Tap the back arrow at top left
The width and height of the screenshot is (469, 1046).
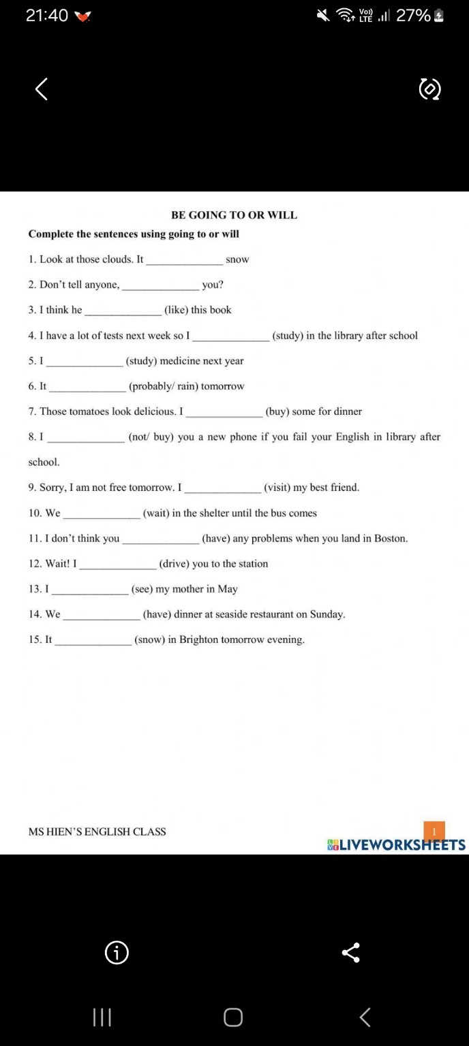click(x=42, y=89)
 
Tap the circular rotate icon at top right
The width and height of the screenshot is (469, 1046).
click(x=429, y=89)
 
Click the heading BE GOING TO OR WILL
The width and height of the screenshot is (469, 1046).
click(x=234, y=215)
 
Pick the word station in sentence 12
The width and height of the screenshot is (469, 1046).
click(x=253, y=564)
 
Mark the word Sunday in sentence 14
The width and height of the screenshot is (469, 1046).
click(x=327, y=614)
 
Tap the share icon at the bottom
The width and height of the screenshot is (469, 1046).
click(x=350, y=953)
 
